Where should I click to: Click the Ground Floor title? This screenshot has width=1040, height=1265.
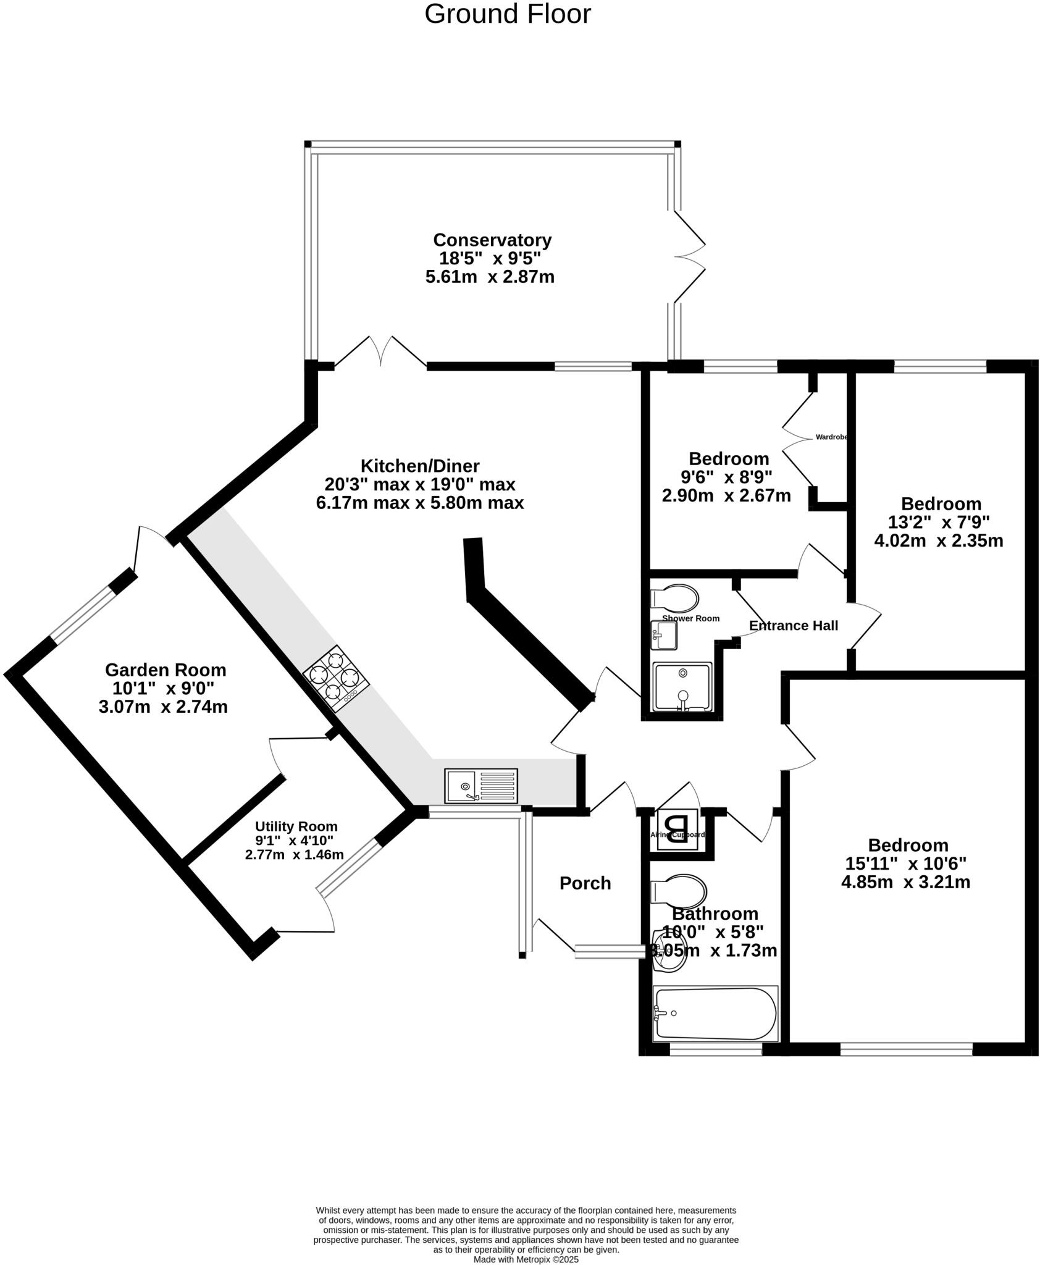coord(507,14)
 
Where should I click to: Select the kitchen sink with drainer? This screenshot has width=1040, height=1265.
coord(481,785)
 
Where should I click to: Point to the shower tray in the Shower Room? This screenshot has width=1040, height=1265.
coord(682,687)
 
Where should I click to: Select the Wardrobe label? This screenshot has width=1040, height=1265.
coord(831,437)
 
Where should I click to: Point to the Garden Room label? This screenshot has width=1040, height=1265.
coord(166,670)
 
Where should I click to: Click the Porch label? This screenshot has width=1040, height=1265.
coord(585,883)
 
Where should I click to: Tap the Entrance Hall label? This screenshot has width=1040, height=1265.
coord(793,626)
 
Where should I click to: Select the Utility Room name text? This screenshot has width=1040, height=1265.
coord(296,826)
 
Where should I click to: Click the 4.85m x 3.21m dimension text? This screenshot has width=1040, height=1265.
coord(905,882)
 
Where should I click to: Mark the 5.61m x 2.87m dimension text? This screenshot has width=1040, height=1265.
coord(490,277)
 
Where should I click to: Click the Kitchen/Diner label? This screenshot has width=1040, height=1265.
coord(420,466)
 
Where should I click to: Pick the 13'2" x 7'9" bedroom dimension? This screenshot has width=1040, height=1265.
coord(939,523)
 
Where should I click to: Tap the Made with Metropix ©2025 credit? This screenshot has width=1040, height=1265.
coord(526,1259)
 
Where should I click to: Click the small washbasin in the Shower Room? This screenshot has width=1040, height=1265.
coord(664,635)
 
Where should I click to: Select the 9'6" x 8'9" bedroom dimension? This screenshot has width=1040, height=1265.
coord(727,477)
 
